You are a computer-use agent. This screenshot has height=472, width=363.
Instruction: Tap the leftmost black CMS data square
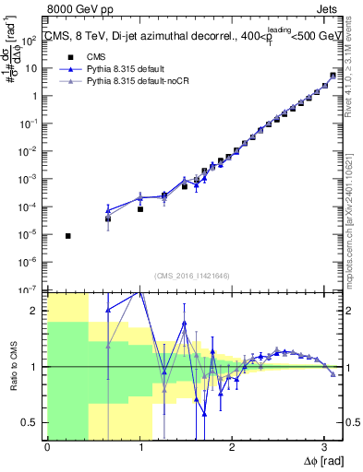point(68,236)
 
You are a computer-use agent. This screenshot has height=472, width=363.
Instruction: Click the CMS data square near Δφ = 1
point(140,209)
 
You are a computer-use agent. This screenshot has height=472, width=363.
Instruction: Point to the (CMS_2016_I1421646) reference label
point(192,275)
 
